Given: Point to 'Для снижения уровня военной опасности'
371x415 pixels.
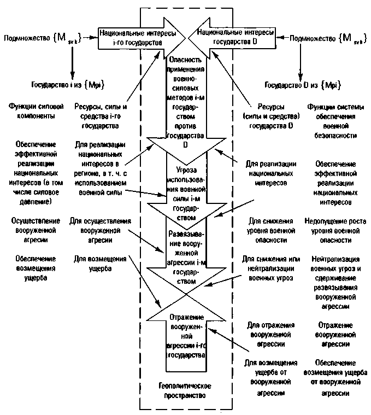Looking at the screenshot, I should pos(268,230).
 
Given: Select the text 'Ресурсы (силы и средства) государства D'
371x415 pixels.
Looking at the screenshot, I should pos(268,116).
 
